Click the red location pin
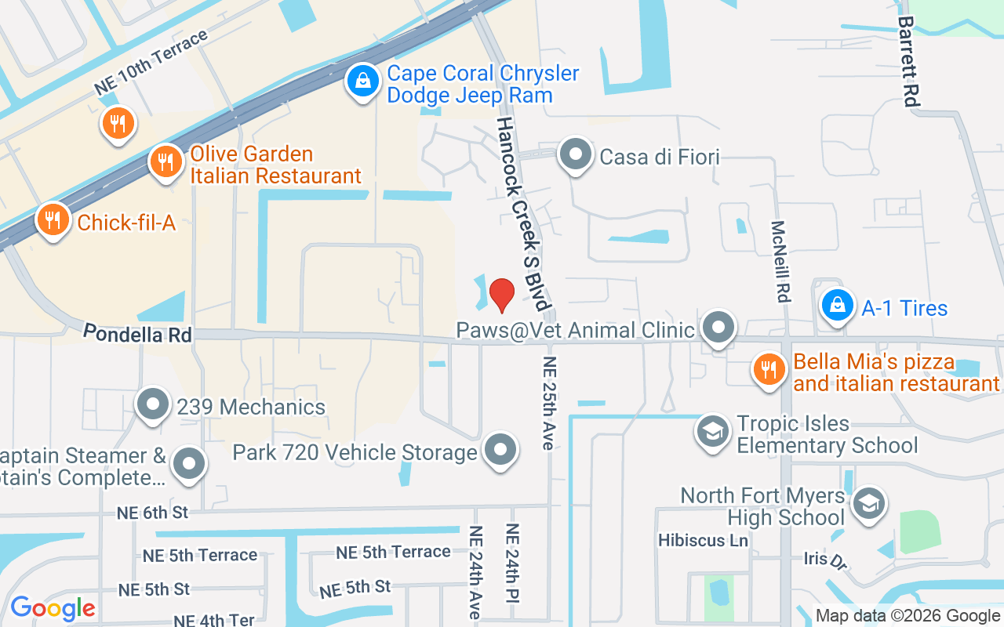coord(502,295)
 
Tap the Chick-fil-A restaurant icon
coord(53,220)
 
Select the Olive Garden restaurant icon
coord(165,162)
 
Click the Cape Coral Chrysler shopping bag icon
coord(362,81)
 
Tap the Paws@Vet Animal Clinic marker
coord(717,328)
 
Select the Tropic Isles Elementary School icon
coord(713,432)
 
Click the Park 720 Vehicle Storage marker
coord(500,451)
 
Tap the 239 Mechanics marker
coord(153,404)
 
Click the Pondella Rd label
coord(137,334)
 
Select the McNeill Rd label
coord(780,261)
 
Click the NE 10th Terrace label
coord(151,63)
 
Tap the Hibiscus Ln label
coord(703,540)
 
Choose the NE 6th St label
coord(152,513)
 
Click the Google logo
coord(53,608)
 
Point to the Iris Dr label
coord(827,560)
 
